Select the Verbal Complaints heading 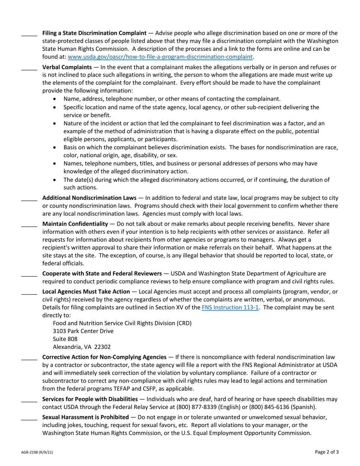[67, 67]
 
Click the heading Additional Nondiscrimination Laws [89, 198]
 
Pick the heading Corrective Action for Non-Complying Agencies [104, 357]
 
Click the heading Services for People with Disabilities [90, 399]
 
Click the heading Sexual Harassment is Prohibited [85, 417]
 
